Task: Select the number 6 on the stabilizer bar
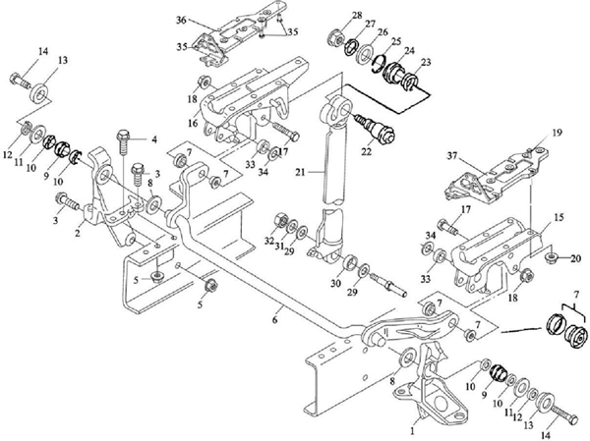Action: tap(277, 308)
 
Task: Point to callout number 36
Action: tap(181, 20)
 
